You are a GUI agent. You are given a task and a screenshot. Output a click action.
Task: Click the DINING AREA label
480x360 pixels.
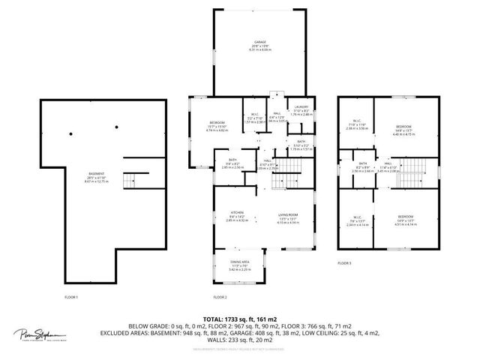point(240,261)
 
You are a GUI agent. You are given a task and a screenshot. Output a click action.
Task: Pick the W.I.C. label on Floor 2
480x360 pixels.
point(255,114)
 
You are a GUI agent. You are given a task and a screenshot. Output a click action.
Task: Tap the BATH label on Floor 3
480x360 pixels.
point(362,163)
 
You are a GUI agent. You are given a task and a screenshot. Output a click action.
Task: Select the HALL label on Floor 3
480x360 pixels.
point(388,163)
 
